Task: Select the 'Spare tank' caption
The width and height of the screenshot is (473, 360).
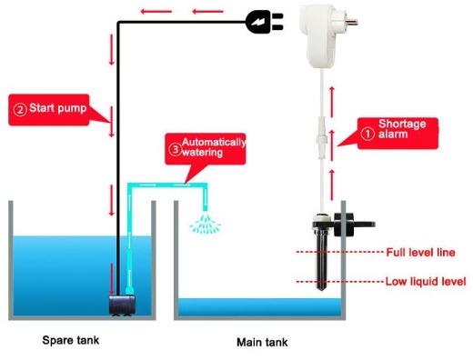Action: pos(70,341)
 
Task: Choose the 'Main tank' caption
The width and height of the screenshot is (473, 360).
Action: pos(262,343)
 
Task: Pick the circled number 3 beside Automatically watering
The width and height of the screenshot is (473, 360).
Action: pos(174,147)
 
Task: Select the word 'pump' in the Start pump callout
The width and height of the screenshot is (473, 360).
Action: pos(72,109)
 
